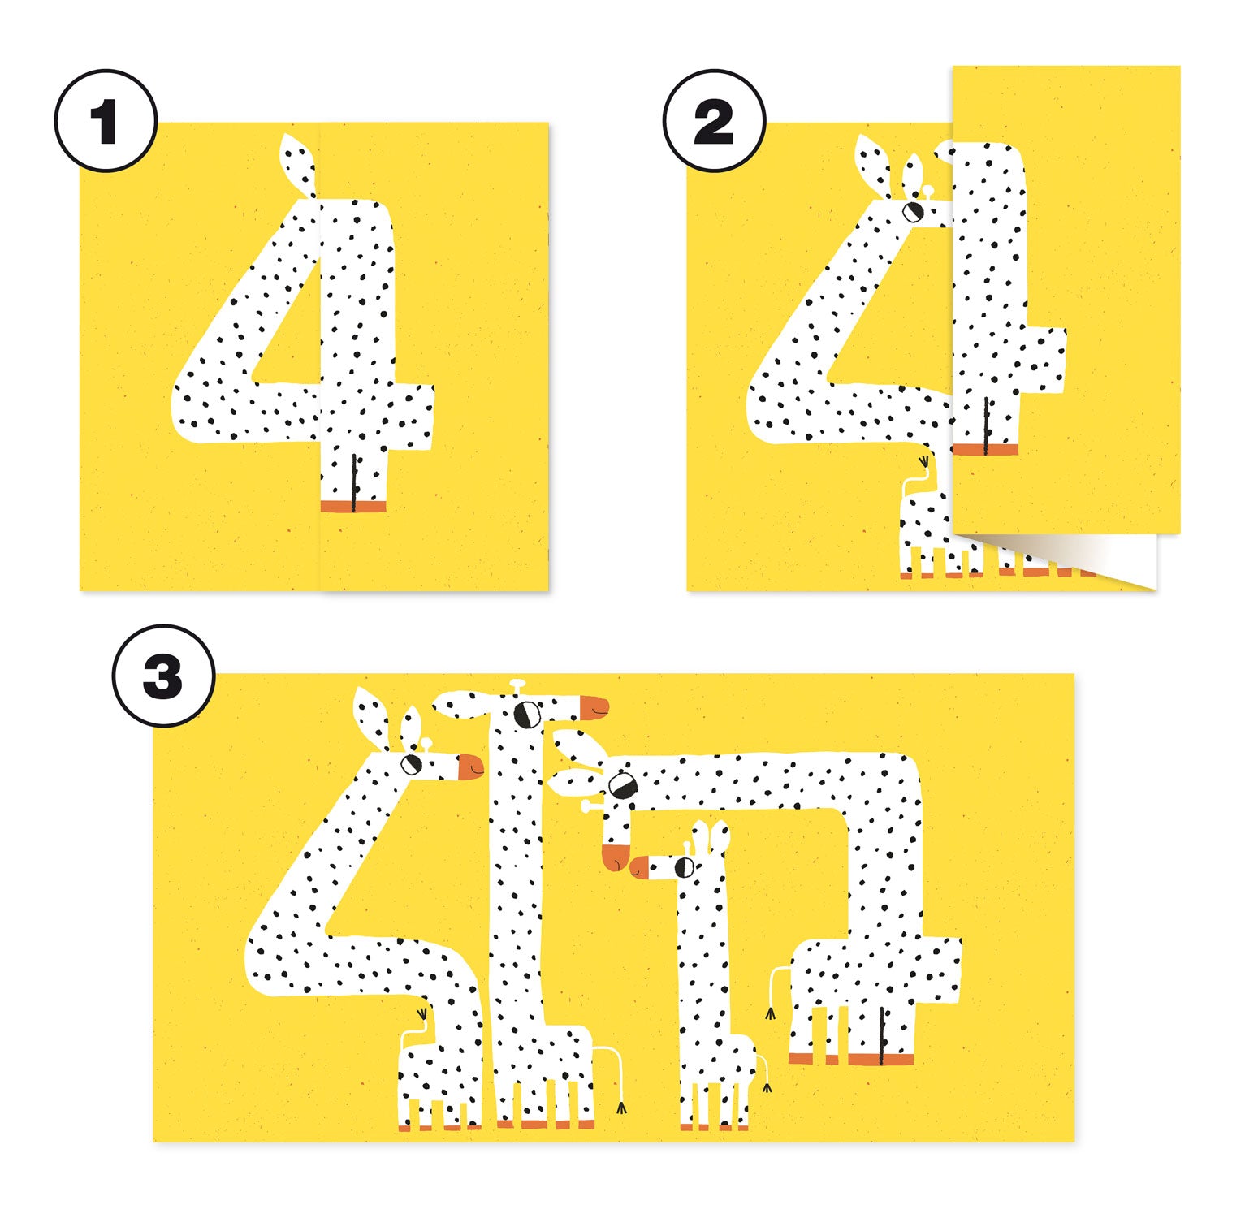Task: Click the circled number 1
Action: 106,121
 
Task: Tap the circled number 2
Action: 714,121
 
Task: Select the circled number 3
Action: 163,676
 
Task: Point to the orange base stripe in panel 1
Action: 353,507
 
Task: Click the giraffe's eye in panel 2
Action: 913,211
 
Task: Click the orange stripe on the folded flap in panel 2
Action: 985,449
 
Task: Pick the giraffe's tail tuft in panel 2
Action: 923,461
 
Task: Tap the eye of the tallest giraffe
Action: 528,714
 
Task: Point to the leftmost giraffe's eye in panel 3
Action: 412,763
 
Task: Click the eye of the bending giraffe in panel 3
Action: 623,785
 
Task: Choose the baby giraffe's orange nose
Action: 640,866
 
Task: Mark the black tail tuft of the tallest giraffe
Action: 622,1107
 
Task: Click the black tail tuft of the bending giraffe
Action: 770,1013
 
